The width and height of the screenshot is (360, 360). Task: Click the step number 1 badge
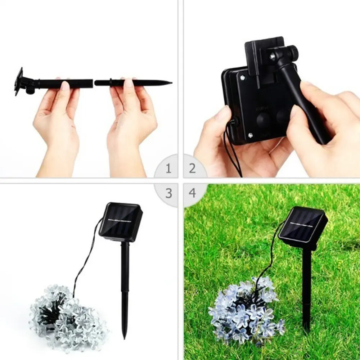(x=168, y=168)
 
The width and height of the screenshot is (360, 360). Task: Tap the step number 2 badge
(x=192, y=168)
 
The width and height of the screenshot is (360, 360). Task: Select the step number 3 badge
(x=168, y=193)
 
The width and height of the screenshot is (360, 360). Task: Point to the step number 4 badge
(x=192, y=193)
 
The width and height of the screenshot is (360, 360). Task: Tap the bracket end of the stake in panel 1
(x=19, y=81)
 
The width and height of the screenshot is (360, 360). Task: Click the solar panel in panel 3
(x=121, y=222)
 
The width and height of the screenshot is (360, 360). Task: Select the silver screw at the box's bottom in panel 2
(x=250, y=135)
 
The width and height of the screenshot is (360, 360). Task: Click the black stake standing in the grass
(x=306, y=288)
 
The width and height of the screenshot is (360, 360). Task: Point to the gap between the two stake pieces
(x=94, y=83)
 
